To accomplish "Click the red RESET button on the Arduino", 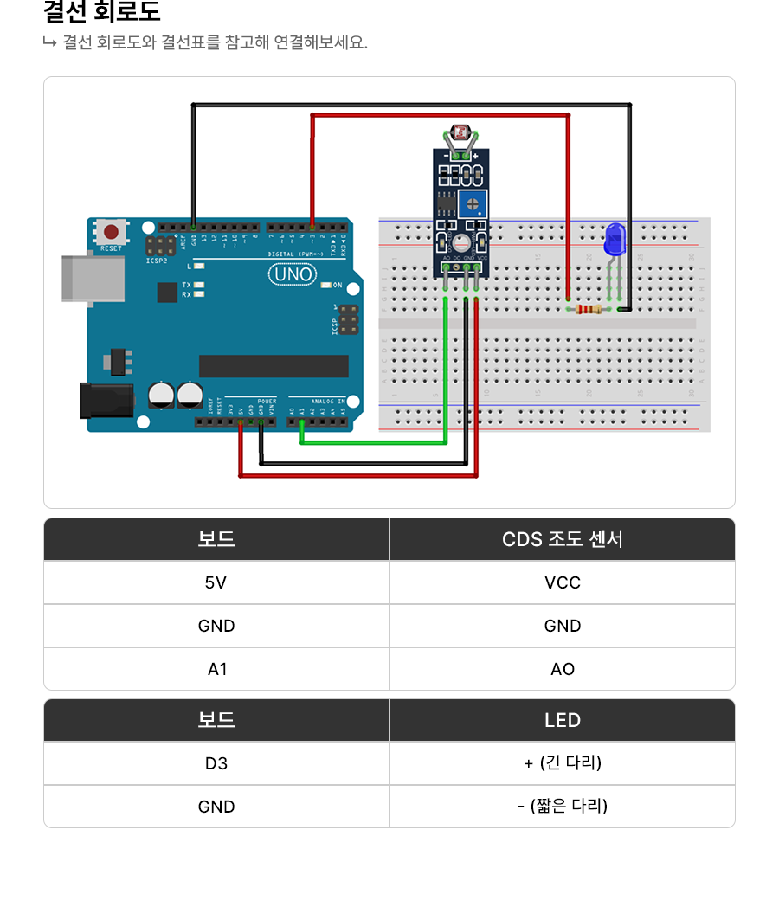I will [112, 232].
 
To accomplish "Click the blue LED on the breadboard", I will [615, 239].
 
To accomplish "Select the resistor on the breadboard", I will [589, 309].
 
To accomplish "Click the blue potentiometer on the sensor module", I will [473, 204].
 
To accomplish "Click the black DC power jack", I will [106, 401].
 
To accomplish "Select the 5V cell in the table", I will [216, 582].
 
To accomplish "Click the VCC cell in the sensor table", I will [563, 582].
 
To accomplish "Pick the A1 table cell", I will [216, 669].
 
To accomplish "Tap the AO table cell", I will [563, 669].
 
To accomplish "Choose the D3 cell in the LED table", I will [216, 763].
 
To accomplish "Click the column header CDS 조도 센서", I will [563, 539].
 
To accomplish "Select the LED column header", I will [563, 720].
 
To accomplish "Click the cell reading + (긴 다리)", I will [563, 763].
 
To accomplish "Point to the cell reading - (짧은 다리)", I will [563, 807].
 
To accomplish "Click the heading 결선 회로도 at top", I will [101, 13].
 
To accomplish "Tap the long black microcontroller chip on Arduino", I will [274, 366].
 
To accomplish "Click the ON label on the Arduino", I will [338, 285].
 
